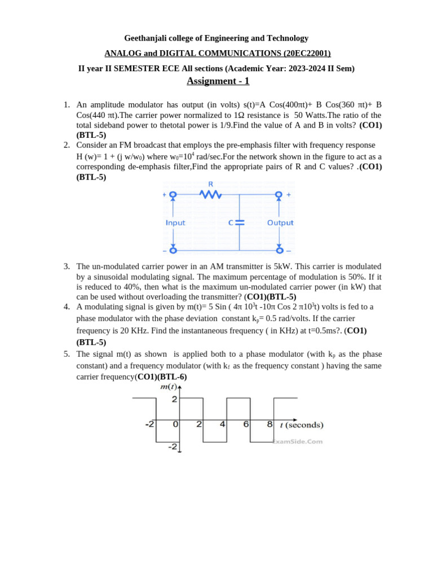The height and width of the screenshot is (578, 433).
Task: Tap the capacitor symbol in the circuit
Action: click(x=240, y=222)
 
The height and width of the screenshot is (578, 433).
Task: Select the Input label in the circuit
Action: click(x=175, y=223)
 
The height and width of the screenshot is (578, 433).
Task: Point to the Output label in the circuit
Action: click(x=280, y=223)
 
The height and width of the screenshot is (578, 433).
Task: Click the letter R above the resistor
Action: click(x=211, y=184)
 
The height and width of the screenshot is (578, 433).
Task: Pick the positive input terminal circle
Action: click(x=173, y=195)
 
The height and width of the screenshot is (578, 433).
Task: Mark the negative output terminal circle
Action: click(x=279, y=250)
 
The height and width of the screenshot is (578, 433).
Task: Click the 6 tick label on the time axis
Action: click(x=246, y=424)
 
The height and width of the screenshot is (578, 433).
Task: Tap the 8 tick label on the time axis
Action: click(x=269, y=424)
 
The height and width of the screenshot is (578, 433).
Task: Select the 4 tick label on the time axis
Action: click(x=223, y=424)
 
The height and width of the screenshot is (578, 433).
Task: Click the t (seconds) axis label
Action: click(x=302, y=425)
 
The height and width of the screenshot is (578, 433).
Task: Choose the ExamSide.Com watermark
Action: click(x=298, y=442)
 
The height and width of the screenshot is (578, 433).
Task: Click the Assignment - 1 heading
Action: click(x=218, y=81)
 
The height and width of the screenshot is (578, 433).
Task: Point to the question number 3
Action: click(x=67, y=266)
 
